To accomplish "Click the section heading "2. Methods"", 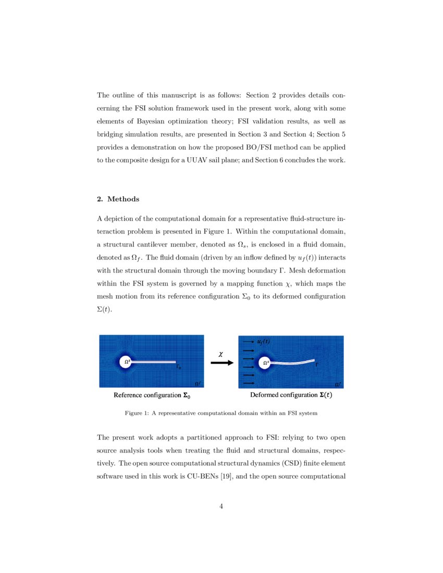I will [x=118, y=200].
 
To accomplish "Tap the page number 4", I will [x=221, y=506].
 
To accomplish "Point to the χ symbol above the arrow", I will [x=221, y=353].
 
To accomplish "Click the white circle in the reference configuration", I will [x=126, y=362].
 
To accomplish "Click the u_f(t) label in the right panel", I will [x=264, y=342].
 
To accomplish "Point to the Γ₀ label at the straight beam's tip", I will [x=178, y=367].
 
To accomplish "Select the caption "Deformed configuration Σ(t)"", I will [x=291, y=395].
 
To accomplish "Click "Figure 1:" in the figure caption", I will [x=137, y=413].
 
